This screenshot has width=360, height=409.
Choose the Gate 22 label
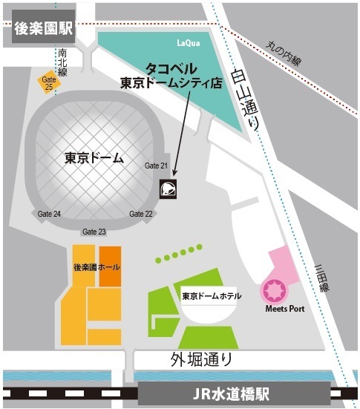(140, 214)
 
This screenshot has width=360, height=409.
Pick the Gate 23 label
(94, 232)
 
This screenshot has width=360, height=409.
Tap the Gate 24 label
(49, 214)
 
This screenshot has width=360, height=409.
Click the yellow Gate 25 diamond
(50, 82)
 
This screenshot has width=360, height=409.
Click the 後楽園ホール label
(97, 266)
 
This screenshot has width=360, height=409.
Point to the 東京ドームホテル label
(211, 295)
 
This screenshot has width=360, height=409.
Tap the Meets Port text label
(284, 309)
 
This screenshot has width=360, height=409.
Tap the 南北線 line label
(62, 60)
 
